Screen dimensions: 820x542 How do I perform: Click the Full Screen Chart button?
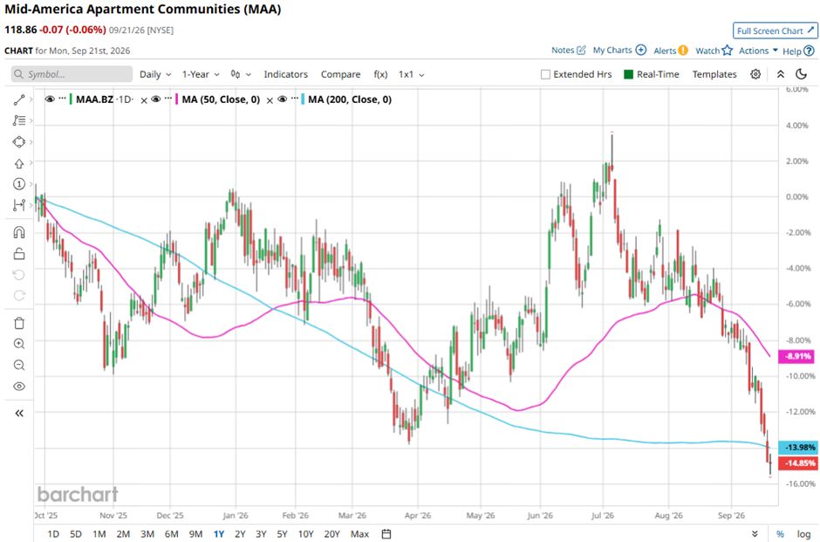[775, 31]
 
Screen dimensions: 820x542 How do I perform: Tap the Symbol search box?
[72, 74]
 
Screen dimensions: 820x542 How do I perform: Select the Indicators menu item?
[285, 74]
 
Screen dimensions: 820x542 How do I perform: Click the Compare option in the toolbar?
[340, 74]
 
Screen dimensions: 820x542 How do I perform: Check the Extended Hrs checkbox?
[545, 74]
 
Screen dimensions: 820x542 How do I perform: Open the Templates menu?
[714, 74]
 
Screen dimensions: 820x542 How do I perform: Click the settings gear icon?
[755, 74]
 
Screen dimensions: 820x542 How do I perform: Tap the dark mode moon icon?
[801, 74]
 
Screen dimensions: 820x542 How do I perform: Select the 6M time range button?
[172, 534]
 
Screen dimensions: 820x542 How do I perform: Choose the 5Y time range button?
[282, 534]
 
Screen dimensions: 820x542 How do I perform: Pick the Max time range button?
[359, 534]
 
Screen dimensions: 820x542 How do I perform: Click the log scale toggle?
[803, 534]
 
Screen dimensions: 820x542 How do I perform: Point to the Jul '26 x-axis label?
[603, 515]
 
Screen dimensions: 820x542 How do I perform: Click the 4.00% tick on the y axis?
[797, 126]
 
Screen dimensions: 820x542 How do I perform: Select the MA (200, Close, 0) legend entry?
[349, 99]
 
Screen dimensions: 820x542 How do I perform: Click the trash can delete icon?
[19, 323]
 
